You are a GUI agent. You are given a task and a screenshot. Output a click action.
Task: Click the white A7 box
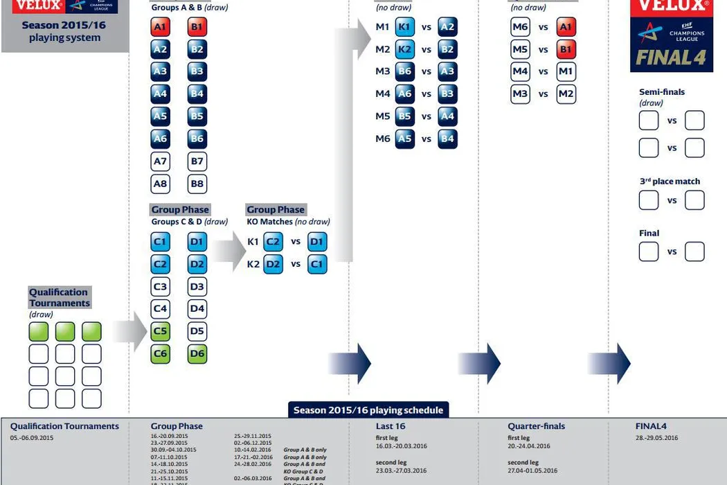point(160,161)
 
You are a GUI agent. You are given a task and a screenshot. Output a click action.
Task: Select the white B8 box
point(197,184)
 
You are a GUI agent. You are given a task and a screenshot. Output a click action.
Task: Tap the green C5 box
point(160,331)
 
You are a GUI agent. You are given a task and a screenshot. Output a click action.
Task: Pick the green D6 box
point(197,353)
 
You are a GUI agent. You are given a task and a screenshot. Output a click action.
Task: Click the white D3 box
point(197,286)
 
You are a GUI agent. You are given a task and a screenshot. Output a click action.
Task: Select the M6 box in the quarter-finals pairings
point(520,27)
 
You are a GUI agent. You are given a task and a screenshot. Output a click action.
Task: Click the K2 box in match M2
point(405,49)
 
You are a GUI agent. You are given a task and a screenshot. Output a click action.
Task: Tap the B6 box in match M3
point(405,71)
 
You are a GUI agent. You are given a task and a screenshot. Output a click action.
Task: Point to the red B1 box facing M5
point(566,49)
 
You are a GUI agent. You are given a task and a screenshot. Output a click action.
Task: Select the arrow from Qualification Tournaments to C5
point(129,331)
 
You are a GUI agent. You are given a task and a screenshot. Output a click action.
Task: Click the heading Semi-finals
point(662,91)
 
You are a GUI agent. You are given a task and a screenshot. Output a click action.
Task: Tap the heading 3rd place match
point(670,182)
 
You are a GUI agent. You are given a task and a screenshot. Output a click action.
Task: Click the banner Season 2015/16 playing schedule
point(368,410)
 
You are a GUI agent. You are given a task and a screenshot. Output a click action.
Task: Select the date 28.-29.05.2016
point(656,438)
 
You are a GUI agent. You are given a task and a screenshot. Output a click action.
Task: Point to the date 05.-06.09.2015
point(32,438)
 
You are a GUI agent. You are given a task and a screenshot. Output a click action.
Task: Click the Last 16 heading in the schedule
point(391,426)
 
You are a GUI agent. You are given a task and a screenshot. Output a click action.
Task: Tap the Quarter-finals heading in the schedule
point(536,426)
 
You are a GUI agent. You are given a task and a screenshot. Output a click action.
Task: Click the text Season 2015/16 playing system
point(65,31)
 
